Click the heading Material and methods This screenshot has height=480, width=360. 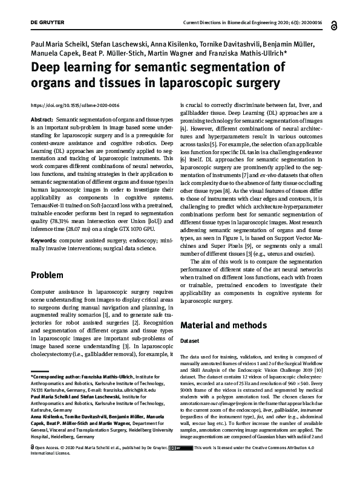(x=223, y=325)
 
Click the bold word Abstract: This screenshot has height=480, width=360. (x=44, y=121)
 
